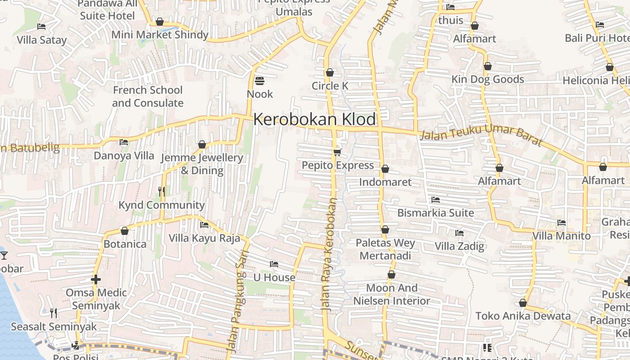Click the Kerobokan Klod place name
pos(314,119)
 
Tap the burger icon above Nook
pos(260,81)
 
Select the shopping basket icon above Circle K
pos(330,72)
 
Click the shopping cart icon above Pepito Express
pos(337,152)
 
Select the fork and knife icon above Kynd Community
pos(162,192)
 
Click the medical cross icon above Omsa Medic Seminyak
pos(95,279)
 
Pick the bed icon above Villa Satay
pos(41,27)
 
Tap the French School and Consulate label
pos(148,96)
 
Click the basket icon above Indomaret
pos(385,169)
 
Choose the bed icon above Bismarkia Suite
pos(435,199)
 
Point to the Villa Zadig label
pos(459,246)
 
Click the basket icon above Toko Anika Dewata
pos(523,303)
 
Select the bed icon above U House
pos(274,264)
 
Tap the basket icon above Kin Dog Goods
pos(488,67)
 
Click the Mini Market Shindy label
pos(160,35)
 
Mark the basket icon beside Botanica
pos(125,231)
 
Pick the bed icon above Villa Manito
pos(561,222)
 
